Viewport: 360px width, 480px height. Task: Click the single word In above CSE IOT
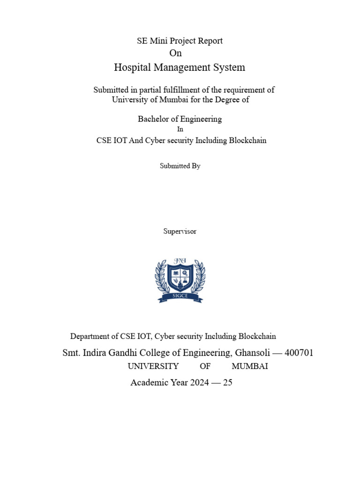coord(180,129)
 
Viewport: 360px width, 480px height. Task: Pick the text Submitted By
coord(180,166)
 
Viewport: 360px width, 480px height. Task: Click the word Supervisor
coord(180,231)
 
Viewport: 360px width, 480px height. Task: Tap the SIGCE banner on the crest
coord(180,297)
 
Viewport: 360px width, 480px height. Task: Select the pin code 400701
coord(299,352)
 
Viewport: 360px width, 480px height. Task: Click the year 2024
coord(200,382)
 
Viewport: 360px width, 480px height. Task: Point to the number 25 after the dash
coord(228,382)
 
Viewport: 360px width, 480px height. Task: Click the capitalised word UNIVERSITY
coord(153,366)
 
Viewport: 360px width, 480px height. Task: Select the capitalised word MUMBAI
coord(250,366)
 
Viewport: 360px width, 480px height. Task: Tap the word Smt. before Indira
coord(71,352)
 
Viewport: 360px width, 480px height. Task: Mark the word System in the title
coord(229,67)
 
